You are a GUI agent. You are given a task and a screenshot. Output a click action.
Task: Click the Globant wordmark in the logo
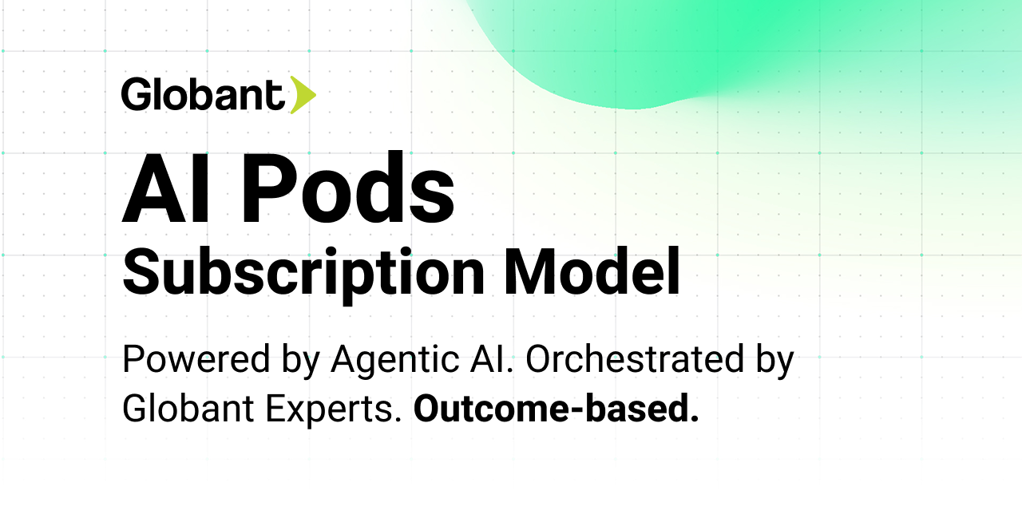click(203, 95)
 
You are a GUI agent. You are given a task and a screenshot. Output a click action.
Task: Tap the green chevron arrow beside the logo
click(303, 95)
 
